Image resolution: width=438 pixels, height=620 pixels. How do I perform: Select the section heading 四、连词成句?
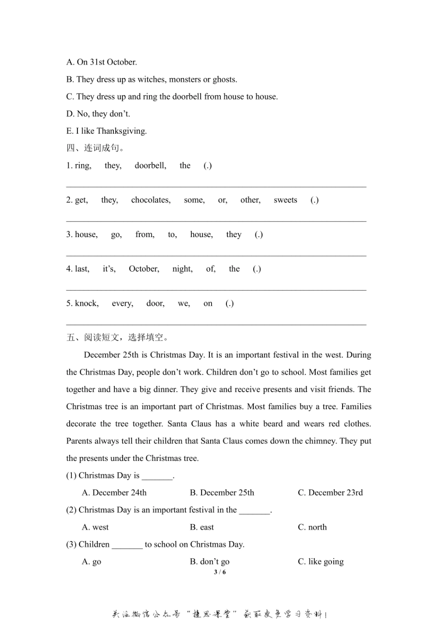pyautogui.click(x=95, y=148)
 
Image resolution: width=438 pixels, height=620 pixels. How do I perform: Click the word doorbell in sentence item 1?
pyautogui.click(x=150, y=166)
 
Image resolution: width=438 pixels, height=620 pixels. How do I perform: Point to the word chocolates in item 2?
pyautogui.click(x=151, y=200)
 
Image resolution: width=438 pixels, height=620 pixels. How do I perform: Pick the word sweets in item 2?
pyautogui.click(x=285, y=200)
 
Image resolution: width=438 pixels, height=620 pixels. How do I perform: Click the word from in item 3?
pyautogui.click(x=145, y=234)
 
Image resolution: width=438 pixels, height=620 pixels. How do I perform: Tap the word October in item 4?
pyautogui.click(x=144, y=269)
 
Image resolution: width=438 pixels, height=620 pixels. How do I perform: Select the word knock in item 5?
pyautogui.click(x=87, y=303)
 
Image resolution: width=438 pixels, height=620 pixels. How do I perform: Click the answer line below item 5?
pyautogui.click(x=216, y=324)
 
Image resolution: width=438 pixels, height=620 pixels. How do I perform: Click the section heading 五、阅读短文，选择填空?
pyautogui.click(x=117, y=338)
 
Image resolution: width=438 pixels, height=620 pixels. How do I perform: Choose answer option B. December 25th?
pyautogui.click(x=222, y=493)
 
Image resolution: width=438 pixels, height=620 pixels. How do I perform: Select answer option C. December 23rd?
pyautogui.click(x=330, y=493)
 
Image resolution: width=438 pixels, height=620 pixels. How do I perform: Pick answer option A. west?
pyautogui.click(x=95, y=527)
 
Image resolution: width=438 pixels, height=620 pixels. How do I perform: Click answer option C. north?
pyautogui.click(x=312, y=527)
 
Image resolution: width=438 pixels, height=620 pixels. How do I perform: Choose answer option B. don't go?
pyautogui.click(x=210, y=562)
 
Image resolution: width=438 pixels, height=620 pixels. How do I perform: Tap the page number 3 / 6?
pyautogui.click(x=220, y=572)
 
